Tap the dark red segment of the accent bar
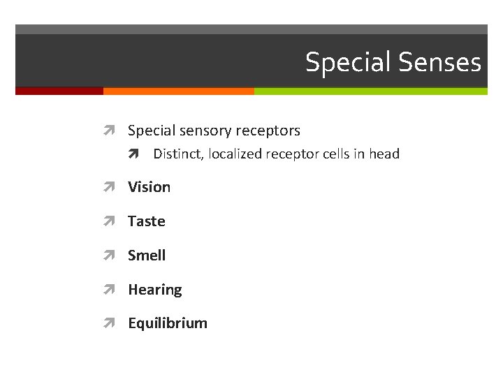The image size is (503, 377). click(59, 91)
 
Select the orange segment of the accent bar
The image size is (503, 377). click(178, 91)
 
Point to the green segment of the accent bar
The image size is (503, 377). click(370, 91)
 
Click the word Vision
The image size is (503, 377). click(149, 187)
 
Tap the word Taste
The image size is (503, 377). click(146, 221)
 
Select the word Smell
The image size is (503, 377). click(147, 256)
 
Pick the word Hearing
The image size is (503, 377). click(154, 290)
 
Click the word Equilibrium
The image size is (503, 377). click(167, 323)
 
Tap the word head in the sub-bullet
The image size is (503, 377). click(384, 154)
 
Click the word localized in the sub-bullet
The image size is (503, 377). click(235, 154)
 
